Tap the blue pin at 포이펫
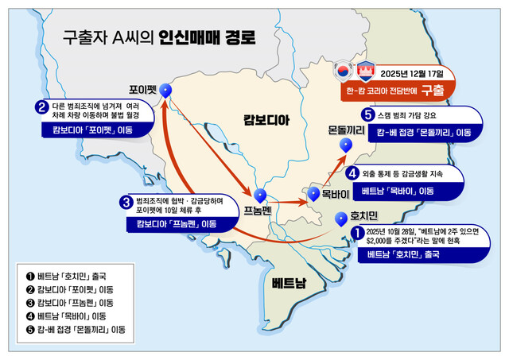[x=165, y=92]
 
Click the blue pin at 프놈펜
[x=261, y=193]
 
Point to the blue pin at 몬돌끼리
[x=345, y=145]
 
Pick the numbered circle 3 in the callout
[x=126, y=203]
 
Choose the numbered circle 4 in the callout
[x=351, y=172]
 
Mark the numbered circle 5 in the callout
[x=367, y=114]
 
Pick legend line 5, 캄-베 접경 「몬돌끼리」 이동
[x=76, y=329]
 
